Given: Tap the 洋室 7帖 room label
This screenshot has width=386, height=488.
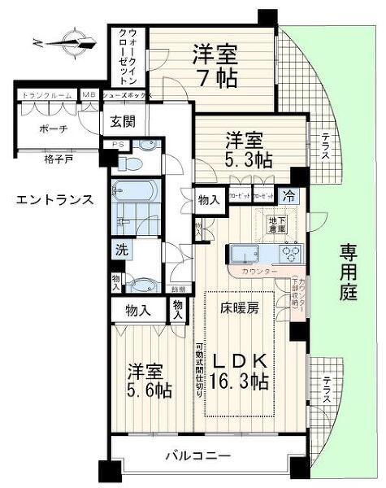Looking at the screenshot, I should [x=215, y=68].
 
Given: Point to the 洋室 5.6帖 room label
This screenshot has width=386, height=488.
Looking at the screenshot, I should [x=148, y=380].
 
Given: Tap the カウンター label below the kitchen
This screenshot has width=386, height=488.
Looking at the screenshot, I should [x=259, y=270].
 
